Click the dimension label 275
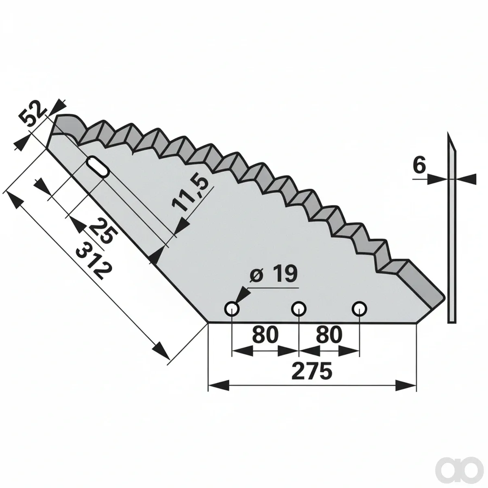[312, 371]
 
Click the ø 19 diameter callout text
[273, 274]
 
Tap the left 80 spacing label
[265, 335]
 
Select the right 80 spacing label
[329, 335]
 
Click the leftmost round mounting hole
[232, 309]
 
